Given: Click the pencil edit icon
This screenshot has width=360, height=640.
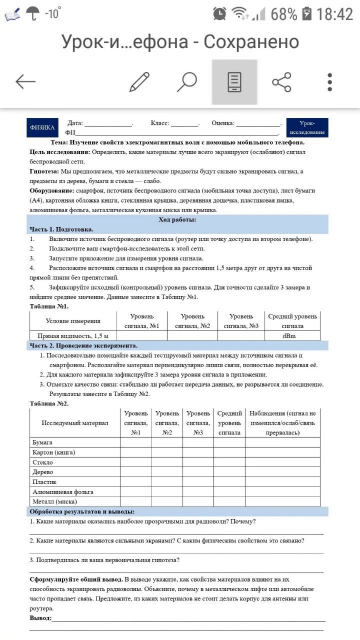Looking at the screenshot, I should [x=139, y=82].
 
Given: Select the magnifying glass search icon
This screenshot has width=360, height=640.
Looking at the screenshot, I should [x=187, y=82].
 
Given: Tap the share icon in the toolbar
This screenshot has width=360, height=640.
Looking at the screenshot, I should [x=282, y=82].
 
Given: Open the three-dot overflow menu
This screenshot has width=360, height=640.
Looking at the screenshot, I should [x=330, y=82].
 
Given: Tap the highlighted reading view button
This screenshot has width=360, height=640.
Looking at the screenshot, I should [x=234, y=82].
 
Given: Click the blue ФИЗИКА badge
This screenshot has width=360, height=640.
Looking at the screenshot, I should [x=42, y=127].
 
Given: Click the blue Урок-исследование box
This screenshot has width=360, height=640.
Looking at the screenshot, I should [x=307, y=127].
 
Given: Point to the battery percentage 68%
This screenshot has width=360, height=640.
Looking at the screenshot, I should [x=284, y=14].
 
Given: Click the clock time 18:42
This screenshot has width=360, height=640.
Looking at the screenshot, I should [x=335, y=14].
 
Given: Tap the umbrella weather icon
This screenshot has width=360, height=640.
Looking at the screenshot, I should [x=32, y=14].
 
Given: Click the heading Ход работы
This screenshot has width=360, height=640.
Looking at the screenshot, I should [x=177, y=220].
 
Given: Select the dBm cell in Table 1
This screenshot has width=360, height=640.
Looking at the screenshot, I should [x=289, y=336].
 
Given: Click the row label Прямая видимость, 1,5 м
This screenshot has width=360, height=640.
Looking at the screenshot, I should [x=73, y=336].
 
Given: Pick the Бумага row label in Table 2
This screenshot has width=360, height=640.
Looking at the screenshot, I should [x=42, y=442].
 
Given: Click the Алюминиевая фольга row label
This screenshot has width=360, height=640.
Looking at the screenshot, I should [x=63, y=492].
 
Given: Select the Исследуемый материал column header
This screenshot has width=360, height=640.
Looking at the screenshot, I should [x=75, y=423].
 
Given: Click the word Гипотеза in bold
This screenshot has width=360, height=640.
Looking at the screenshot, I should [x=44, y=171].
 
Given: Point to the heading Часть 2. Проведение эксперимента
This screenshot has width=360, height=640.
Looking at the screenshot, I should [x=83, y=345].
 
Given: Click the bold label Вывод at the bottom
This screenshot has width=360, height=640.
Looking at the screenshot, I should [x=40, y=618].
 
